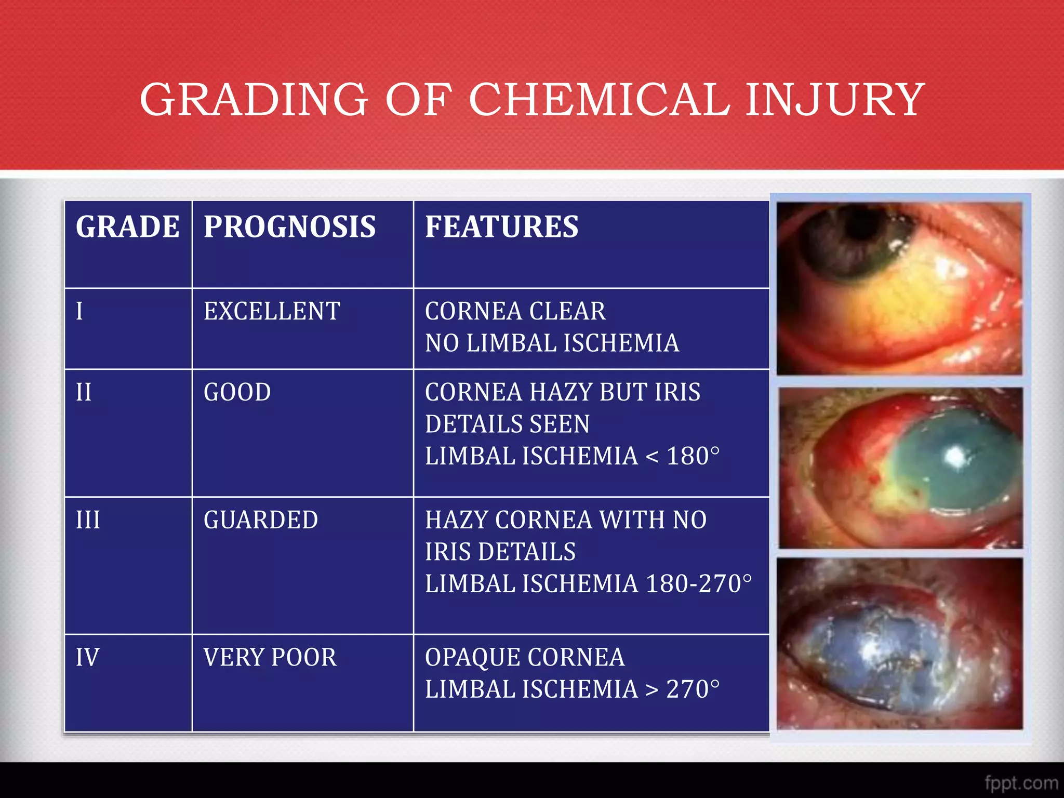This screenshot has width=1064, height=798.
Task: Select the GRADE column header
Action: [128, 227]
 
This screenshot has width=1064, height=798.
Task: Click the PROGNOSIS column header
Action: [289, 227]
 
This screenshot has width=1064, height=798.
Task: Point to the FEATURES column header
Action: [501, 227]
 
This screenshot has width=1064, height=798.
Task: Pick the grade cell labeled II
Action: [84, 392]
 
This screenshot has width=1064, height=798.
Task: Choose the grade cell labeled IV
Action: [87, 657]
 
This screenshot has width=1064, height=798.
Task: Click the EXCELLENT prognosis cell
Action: [272, 311]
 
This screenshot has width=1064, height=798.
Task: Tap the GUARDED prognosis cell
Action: [261, 520]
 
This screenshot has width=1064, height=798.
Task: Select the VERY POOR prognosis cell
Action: [270, 657]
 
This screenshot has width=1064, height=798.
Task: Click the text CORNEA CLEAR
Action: [515, 311]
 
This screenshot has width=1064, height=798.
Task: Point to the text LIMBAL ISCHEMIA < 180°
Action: [572, 456]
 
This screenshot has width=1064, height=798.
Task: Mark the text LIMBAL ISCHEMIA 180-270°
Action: [588, 584]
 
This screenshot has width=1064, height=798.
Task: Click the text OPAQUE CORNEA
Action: [525, 657]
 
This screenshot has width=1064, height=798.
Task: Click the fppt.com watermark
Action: [1020, 782]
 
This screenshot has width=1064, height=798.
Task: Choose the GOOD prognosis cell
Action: [237, 392]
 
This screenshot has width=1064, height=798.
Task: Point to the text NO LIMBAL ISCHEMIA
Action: [552, 343]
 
